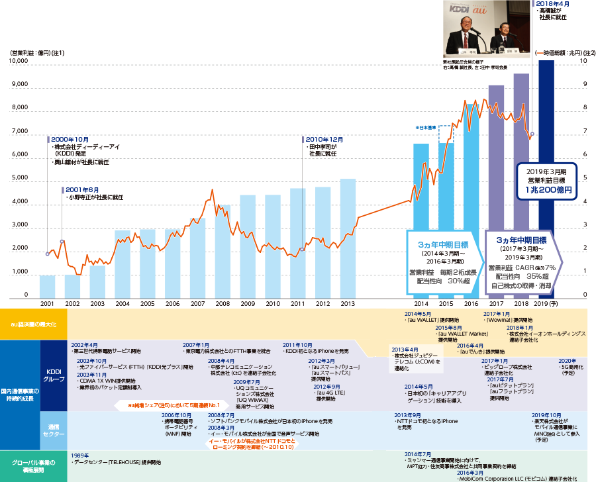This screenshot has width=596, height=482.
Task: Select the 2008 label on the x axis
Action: click(x=223, y=303)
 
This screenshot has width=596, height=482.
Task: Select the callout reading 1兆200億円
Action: click(x=546, y=189)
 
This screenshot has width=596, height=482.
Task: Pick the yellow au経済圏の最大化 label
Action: click(x=33, y=324)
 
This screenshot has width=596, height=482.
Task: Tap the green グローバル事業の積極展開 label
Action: click(x=33, y=466)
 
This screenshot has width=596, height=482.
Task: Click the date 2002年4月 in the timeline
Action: click(x=83, y=346)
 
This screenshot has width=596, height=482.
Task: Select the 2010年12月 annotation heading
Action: click(x=324, y=140)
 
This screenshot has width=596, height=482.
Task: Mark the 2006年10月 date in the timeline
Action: click(x=177, y=415)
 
